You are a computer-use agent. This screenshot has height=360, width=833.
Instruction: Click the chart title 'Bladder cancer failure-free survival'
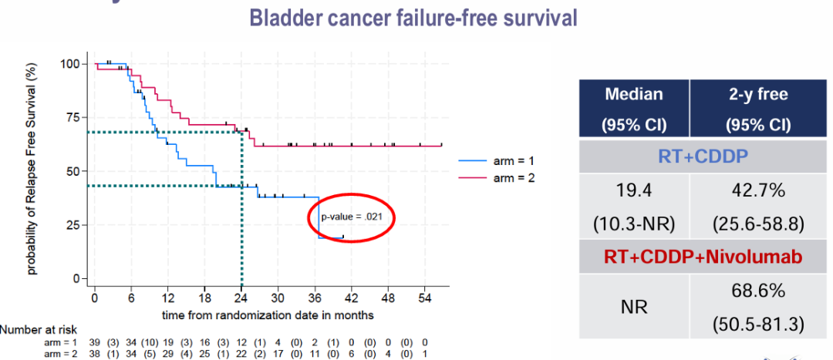(x=416, y=17)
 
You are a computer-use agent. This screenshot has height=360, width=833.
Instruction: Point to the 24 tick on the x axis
(x=241, y=298)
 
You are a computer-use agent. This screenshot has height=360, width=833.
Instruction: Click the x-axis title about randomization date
(x=268, y=315)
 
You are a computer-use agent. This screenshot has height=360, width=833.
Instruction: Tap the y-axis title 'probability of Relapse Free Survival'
(x=32, y=170)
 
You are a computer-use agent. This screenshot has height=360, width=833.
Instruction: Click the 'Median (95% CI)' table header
(x=633, y=109)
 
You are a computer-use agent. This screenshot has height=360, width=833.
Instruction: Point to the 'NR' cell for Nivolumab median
(x=633, y=307)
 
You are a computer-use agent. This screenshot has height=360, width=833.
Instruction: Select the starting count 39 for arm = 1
(x=94, y=341)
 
